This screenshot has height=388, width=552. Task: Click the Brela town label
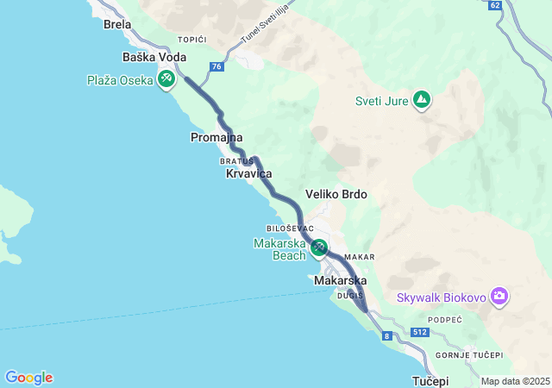[x=117, y=24]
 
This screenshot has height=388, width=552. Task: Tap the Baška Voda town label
[x=154, y=57]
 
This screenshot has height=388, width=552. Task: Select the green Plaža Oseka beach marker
[x=166, y=80]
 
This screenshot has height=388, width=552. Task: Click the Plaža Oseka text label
[x=120, y=80]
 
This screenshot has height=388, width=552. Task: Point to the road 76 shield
[x=216, y=66]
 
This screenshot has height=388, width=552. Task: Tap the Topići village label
[x=193, y=40]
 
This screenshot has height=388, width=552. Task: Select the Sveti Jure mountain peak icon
[x=421, y=101]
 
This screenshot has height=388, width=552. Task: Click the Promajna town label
[x=216, y=137]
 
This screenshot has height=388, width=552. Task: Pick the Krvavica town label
[x=248, y=174]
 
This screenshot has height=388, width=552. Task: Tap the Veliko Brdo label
[x=336, y=194]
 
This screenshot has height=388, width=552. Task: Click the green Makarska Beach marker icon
[x=319, y=248]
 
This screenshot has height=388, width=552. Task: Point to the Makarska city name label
[x=340, y=281]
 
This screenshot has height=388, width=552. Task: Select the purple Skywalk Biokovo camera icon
[x=499, y=297]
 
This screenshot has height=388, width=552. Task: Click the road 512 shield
[x=420, y=332]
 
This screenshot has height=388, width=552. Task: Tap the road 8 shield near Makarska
[x=387, y=335]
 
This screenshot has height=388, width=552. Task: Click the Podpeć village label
[x=444, y=320]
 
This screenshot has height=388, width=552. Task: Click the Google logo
[x=28, y=378]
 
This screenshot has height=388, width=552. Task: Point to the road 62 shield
[x=494, y=5]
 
